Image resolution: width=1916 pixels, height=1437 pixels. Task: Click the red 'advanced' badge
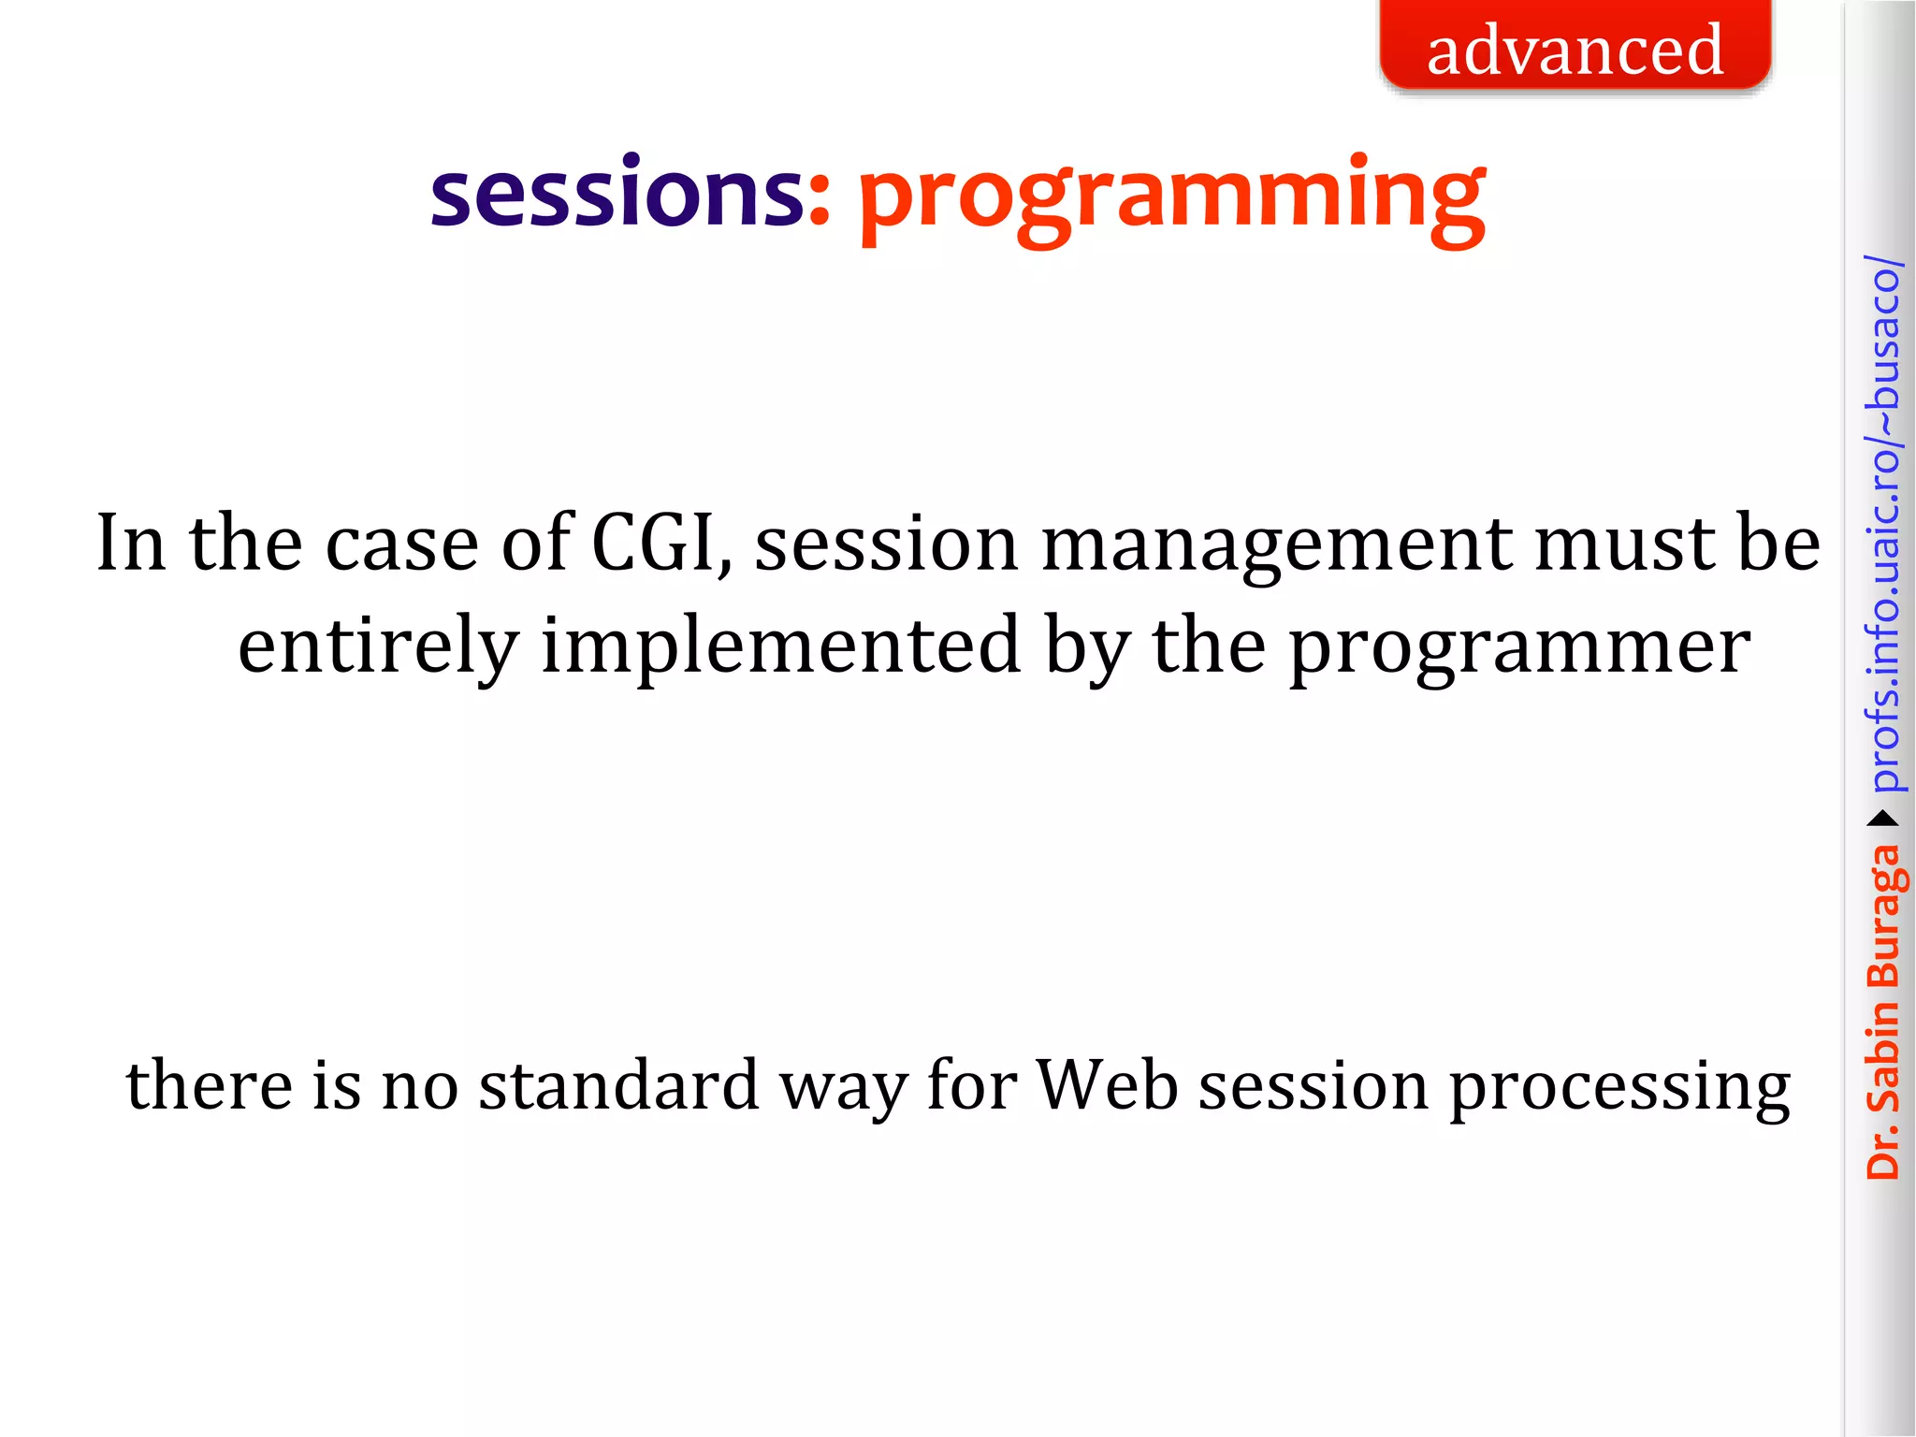[x=1575, y=49]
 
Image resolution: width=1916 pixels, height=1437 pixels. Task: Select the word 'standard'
[x=618, y=1086]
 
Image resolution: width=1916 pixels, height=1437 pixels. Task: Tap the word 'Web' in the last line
[x=1107, y=1086]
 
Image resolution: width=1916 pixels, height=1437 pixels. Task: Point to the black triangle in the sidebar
[x=1882, y=820]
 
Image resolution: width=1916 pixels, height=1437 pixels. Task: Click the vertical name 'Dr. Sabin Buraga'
[x=1882, y=1010]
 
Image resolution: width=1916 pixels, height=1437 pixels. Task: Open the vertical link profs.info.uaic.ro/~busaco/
[x=1882, y=524]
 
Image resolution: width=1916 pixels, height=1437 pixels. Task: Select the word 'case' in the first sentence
[x=402, y=545]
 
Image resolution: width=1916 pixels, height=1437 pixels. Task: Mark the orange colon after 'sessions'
[x=819, y=201]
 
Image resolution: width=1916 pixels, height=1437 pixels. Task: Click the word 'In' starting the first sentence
[x=132, y=544]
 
